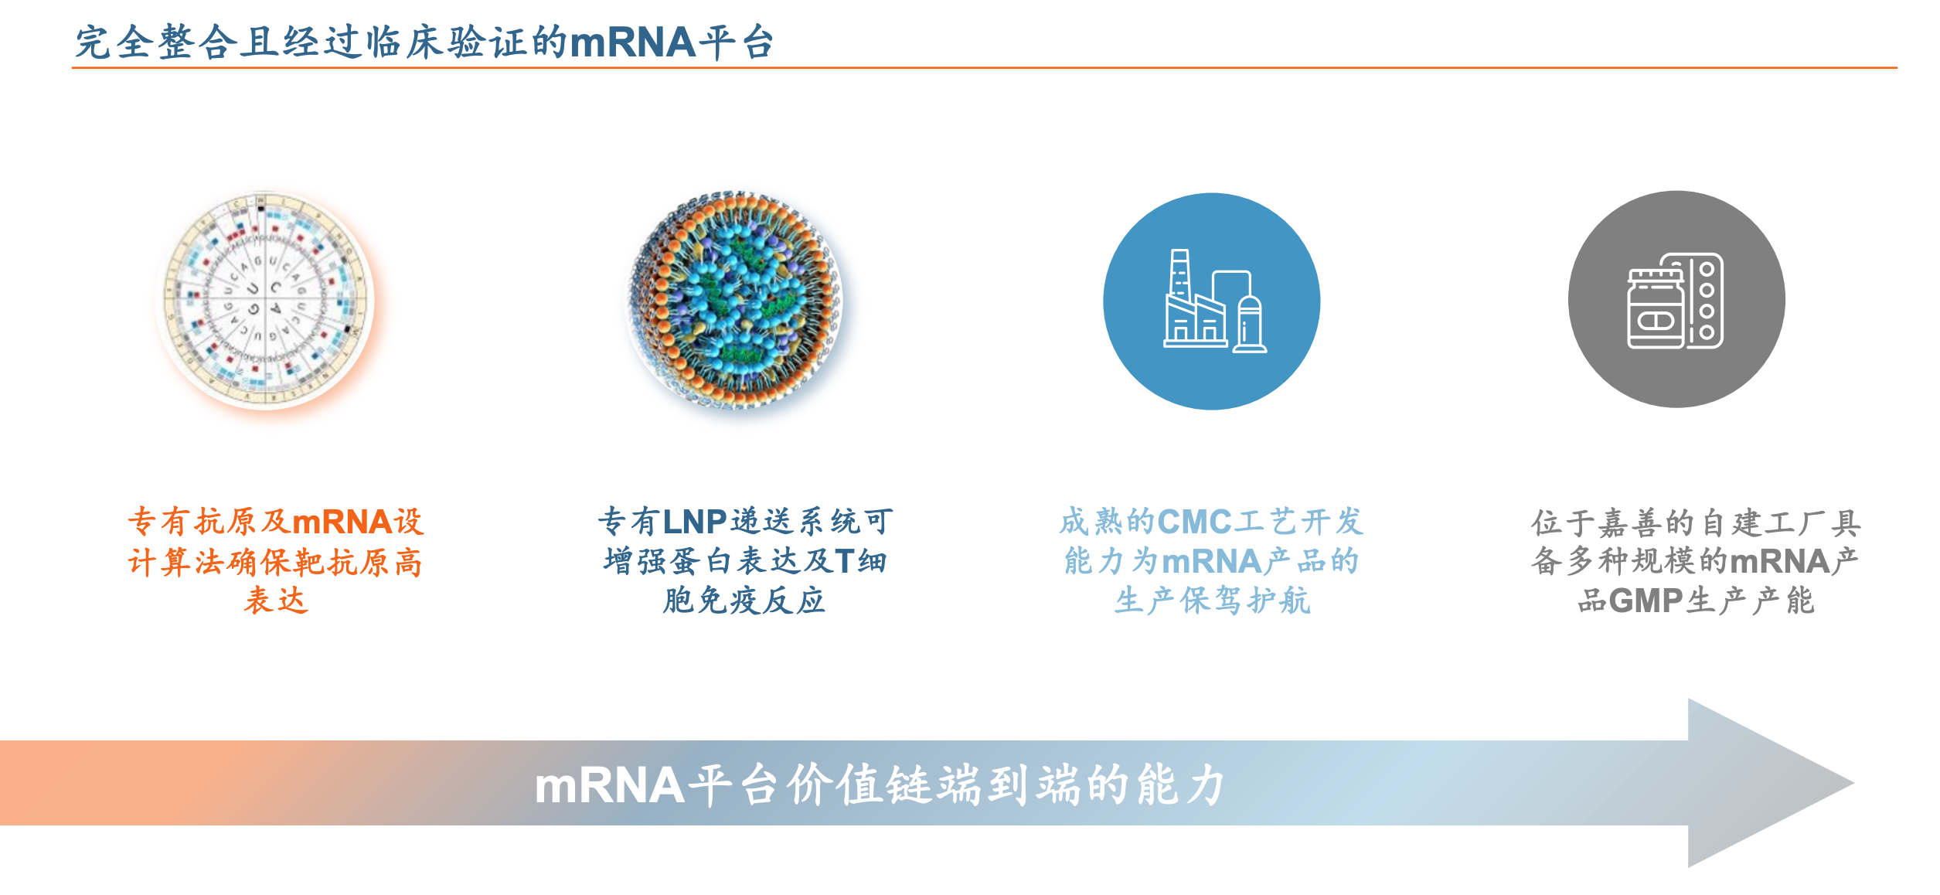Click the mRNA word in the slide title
point(633,43)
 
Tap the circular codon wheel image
point(264,301)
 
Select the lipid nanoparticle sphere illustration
point(733,300)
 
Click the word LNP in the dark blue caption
point(694,522)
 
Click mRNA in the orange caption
point(342,522)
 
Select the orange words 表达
point(276,601)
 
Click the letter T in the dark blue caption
point(844,561)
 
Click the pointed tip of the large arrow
point(1853,783)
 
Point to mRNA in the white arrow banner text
point(609,786)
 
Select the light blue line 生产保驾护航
point(1212,601)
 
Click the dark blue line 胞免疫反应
point(744,601)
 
